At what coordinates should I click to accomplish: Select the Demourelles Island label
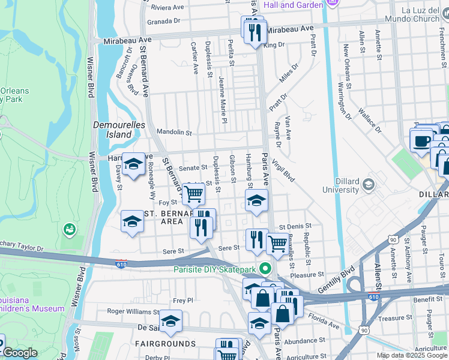112,130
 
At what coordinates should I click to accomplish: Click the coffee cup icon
421,142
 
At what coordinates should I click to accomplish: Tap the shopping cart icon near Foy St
193,194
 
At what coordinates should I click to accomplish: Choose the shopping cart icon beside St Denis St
277,243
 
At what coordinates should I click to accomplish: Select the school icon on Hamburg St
256,200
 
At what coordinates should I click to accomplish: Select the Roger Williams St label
133,311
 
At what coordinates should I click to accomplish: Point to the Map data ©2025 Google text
412,355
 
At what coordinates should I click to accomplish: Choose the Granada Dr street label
164,20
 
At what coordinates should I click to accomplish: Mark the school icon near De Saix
170,321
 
